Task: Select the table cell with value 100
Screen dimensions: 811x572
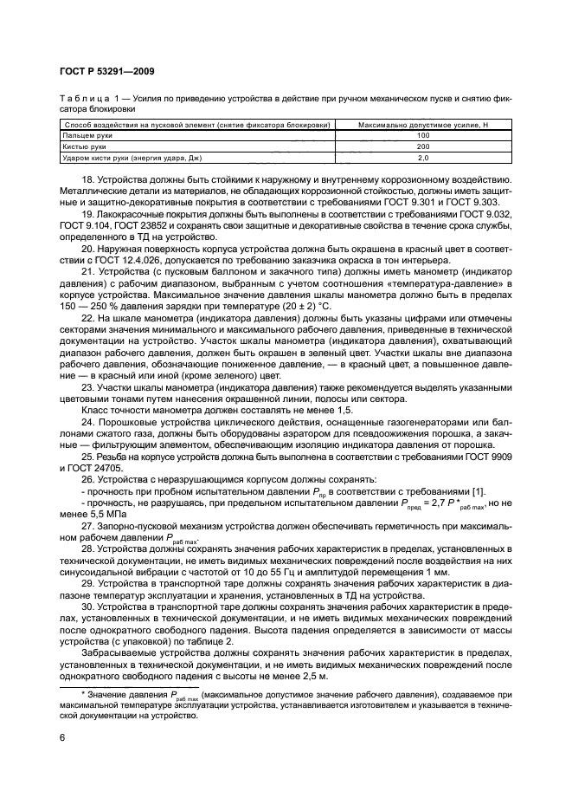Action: pyautogui.click(x=422, y=136)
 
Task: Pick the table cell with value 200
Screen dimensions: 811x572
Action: pyautogui.click(x=422, y=147)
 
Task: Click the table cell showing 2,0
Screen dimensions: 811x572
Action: pyautogui.click(x=422, y=159)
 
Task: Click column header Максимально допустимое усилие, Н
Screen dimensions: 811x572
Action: pyautogui.click(x=422, y=125)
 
